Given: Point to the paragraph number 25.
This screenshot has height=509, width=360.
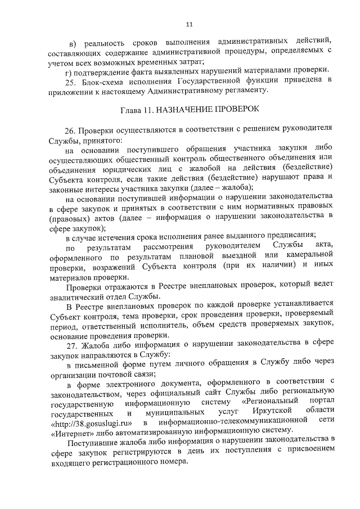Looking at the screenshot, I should [x=71, y=80].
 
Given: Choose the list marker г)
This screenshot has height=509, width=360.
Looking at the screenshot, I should [x=68, y=70].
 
